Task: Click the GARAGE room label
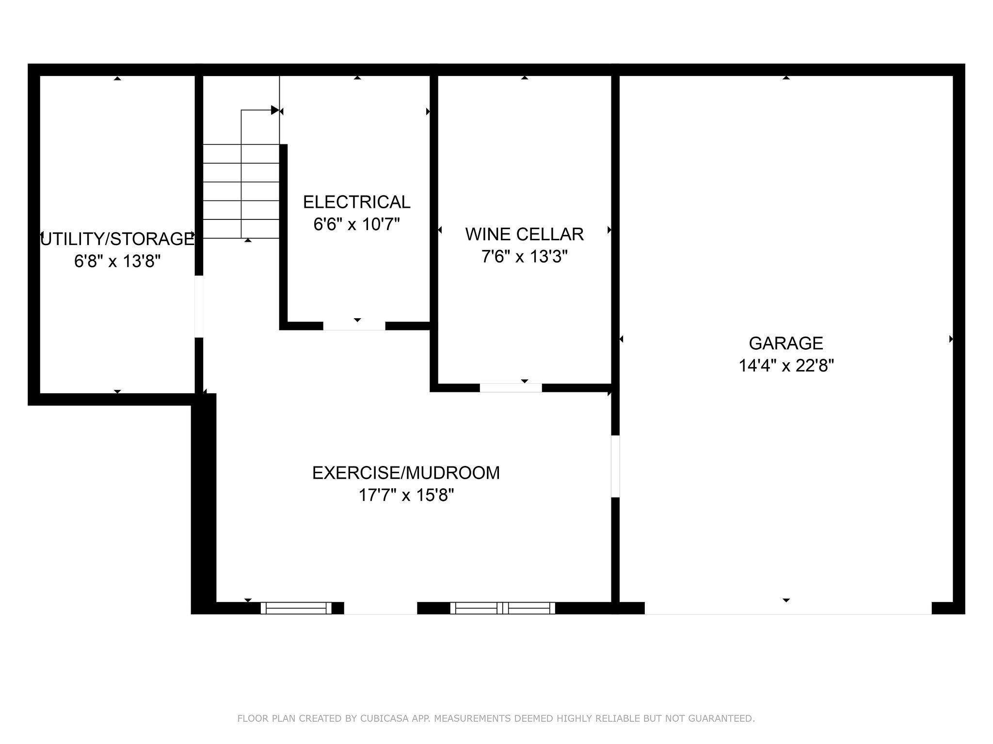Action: pyautogui.click(x=786, y=343)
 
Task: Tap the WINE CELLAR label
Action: pyautogui.click(x=524, y=234)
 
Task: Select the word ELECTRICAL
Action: pyautogui.click(x=356, y=201)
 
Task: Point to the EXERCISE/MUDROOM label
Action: pyautogui.click(x=406, y=472)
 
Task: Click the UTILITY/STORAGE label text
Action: pyautogui.click(x=116, y=239)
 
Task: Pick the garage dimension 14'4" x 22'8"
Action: pyautogui.click(x=786, y=365)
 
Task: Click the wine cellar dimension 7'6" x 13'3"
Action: pyautogui.click(x=524, y=256)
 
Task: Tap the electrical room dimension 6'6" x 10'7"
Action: pyautogui.click(x=356, y=224)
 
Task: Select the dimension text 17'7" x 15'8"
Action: pyautogui.click(x=406, y=495)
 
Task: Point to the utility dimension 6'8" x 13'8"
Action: pyautogui.click(x=117, y=262)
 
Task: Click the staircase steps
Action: pyautogui.click(x=241, y=191)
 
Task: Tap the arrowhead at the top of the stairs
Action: pyautogui.click(x=275, y=110)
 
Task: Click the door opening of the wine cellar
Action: pyautogui.click(x=511, y=387)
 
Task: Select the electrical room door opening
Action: pyautogui.click(x=354, y=326)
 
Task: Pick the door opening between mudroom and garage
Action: pyautogui.click(x=615, y=466)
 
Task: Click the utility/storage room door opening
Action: pyautogui.click(x=199, y=306)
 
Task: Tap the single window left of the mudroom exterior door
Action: pyautogui.click(x=296, y=608)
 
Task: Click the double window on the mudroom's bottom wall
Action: pyautogui.click(x=503, y=608)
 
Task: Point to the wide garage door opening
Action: pyautogui.click(x=788, y=608)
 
